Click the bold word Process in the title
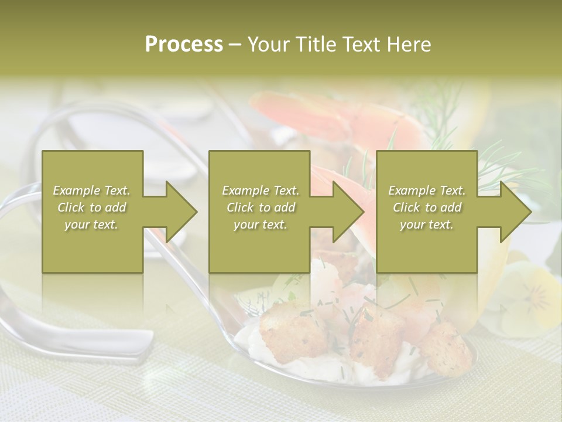pos(184,45)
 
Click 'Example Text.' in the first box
pos(92,190)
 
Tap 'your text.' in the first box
pos(92,224)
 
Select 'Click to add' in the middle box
pos(261,207)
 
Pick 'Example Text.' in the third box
pos(427,190)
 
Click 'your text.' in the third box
pos(427,224)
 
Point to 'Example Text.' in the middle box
pos(261,190)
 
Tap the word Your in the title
pos(268,45)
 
